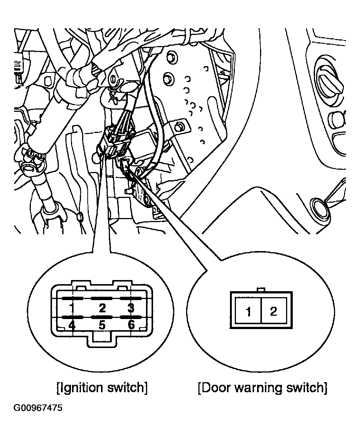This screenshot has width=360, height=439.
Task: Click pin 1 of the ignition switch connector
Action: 72,308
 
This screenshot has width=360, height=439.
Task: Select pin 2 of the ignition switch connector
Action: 102,308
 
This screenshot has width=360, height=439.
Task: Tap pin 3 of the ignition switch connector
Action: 131,308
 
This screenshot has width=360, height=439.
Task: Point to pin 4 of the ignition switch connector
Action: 72,325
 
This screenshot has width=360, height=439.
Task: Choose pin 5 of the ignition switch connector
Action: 102,325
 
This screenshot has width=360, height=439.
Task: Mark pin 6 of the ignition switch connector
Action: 131,325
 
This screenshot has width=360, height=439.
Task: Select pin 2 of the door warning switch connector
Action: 273,311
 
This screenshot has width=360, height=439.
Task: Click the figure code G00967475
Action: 38,408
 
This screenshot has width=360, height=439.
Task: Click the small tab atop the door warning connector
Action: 261,290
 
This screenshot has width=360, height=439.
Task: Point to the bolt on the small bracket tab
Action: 180,127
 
